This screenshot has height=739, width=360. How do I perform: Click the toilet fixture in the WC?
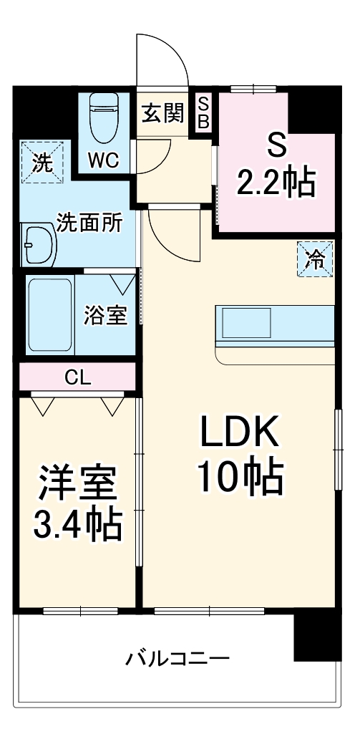click(x=102, y=118)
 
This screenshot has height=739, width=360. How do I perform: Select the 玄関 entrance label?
click(x=161, y=112)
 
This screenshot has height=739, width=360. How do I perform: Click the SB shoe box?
click(x=203, y=112)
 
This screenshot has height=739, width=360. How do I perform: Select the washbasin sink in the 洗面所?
click(x=39, y=245)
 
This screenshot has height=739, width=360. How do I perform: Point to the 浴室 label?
click(x=106, y=315)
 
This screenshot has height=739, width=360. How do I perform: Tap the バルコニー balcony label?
click(x=178, y=657)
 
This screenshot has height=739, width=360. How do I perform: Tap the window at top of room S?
click(x=253, y=89)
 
